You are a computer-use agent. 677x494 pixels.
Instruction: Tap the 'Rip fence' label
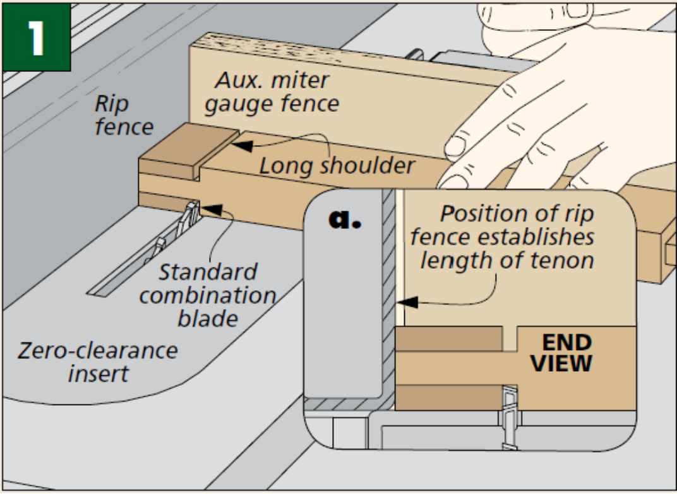tap(124, 115)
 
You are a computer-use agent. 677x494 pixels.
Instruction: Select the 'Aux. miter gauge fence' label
tap(272, 92)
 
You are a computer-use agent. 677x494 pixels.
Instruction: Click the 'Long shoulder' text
tap(337, 166)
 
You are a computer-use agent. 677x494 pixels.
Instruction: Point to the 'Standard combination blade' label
tap(208, 295)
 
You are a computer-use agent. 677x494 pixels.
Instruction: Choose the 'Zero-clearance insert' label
tap(97, 362)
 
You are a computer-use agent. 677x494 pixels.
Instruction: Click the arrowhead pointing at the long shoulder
tap(239, 145)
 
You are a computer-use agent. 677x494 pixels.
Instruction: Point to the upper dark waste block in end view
tap(448, 338)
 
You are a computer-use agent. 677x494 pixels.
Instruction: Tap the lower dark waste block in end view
tap(448, 397)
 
